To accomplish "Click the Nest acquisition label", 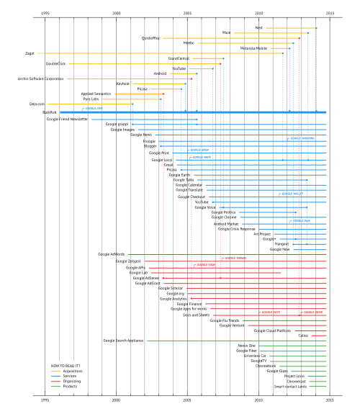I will tap(258, 27).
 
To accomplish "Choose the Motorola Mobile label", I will tap(253, 48).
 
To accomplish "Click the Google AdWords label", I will tap(112, 254).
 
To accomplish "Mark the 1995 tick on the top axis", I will tap(45, 13).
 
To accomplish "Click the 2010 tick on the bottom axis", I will tap(258, 398).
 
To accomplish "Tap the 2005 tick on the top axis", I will tap(187, 13).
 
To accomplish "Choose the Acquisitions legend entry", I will tap(79, 372).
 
